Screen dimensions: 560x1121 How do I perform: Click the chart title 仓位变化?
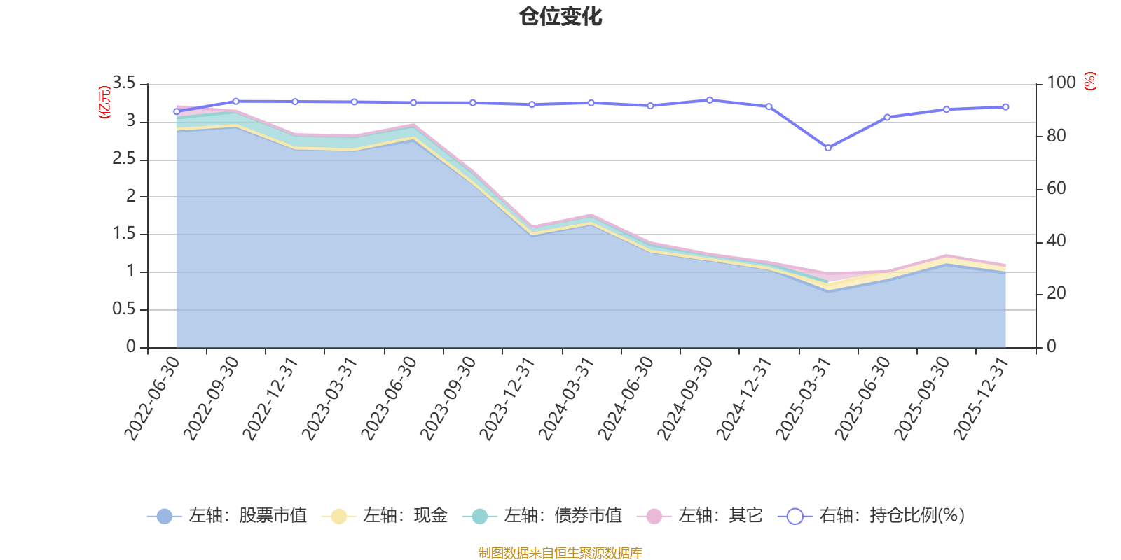pyautogui.click(x=560, y=16)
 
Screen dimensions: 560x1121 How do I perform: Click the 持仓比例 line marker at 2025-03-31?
pyautogui.click(x=828, y=148)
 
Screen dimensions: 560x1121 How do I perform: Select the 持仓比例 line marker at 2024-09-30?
pyautogui.click(x=710, y=100)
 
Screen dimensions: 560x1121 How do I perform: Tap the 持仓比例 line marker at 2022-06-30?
pyautogui.click(x=177, y=111)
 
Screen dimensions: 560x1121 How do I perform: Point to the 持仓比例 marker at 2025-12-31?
pyautogui.click(x=1005, y=107)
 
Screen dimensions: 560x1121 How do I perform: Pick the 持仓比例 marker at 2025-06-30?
pyautogui.click(x=887, y=118)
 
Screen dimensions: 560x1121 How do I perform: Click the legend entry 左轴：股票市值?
pyautogui.click(x=227, y=516)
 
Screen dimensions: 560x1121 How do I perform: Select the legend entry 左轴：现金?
pyautogui.click(x=385, y=516)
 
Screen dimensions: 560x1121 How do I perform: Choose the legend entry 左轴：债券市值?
pyautogui.click(x=542, y=516)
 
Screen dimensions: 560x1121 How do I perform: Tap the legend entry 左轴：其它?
pyautogui.click(x=700, y=516)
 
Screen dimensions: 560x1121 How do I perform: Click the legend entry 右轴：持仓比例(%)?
pyautogui.click(x=872, y=516)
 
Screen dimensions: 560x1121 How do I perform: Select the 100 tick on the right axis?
pyautogui.click(x=1061, y=83)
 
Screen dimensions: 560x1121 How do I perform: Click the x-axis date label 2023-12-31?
pyautogui.click(x=508, y=398)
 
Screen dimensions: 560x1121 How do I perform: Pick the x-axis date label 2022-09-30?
pyautogui.click(x=212, y=398)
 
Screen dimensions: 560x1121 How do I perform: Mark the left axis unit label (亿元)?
pyautogui.click(x=104, y=102)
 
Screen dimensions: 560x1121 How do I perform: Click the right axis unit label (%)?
pyautogui.click(x=1089, y=81)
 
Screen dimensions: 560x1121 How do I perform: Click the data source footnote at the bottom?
pyautogui.click(x=560, y=553)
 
